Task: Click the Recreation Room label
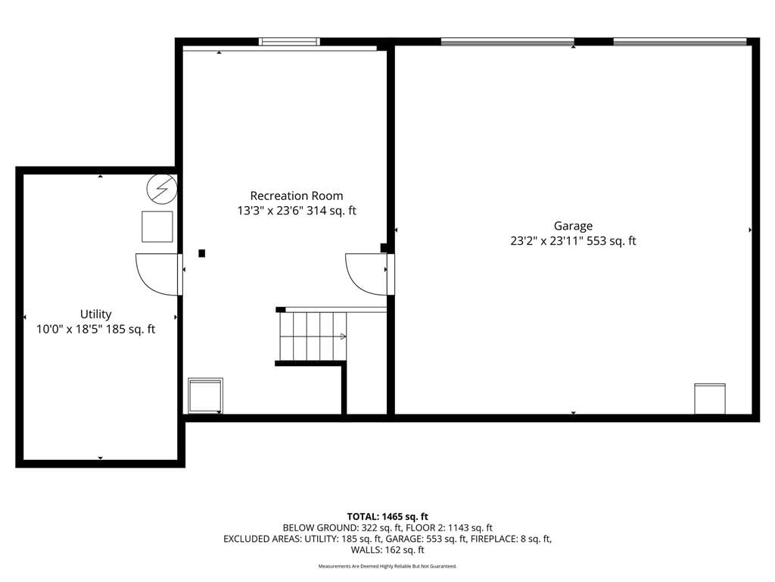point(297,196)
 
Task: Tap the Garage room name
point(573,226)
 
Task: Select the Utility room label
point(96,314)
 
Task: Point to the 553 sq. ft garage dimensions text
point(573,241)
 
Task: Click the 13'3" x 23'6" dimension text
point(270,211)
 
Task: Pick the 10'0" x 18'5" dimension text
point(69,329)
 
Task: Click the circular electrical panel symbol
point(162,189)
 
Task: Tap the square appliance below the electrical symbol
point(157,227)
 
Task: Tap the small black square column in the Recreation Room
point(201,253)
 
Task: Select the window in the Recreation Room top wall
point(290,42)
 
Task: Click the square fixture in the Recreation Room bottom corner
point(205,396)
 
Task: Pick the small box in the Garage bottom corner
point(710,399)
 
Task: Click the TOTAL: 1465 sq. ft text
point(387,517)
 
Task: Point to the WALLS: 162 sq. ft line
point(387,550)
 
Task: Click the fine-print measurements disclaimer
point(387,566)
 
